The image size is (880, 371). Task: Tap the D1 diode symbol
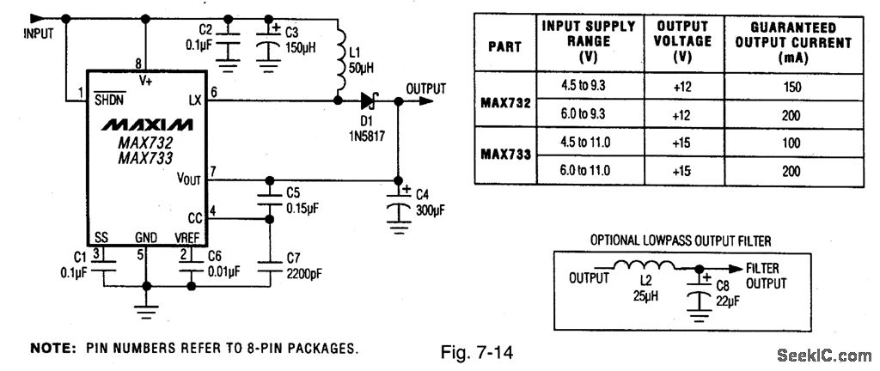[x=370, y=100]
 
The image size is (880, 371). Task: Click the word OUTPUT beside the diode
[x=426, y=88]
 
